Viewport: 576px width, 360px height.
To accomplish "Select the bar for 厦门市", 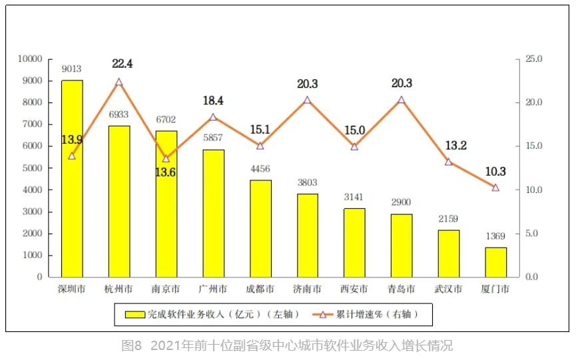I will point(495,262).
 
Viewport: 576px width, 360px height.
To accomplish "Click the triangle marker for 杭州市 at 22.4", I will point(119,82).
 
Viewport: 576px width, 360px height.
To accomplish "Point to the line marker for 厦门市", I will point(495,188).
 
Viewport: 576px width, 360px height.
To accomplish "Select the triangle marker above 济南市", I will point(307,100).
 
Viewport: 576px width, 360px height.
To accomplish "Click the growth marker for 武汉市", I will point(448,162).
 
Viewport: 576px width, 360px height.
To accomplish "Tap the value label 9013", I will point(72,69).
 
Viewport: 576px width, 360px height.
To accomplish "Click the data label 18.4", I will point(213,101).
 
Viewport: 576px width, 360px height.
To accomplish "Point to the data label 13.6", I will point(166,172).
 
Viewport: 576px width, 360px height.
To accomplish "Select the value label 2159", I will point(448,218).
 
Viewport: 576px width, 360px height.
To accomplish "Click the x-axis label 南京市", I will point(166,289).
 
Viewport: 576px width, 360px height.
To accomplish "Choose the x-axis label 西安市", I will point(354,289).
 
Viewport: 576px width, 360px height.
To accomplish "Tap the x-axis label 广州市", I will point(213,289).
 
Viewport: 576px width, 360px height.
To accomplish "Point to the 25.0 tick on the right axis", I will point(534,59).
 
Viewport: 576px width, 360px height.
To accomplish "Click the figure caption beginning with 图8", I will point(287,346).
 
